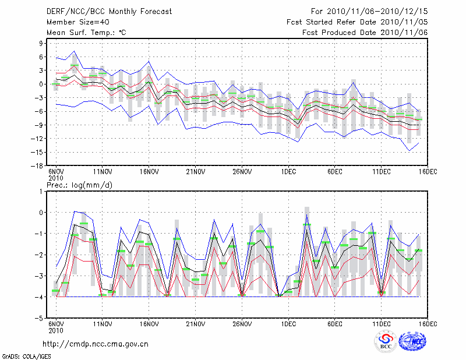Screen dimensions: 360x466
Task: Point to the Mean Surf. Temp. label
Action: click(x=86, y=33)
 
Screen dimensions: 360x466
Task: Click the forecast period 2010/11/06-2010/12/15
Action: click(x=369, y=11)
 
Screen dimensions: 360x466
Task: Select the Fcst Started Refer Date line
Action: click(x=357, y=22)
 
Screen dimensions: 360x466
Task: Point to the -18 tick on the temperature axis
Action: click(x=39, y=165)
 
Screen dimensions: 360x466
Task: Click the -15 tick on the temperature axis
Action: click(x=39, y=152)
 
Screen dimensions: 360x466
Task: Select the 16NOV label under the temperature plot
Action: click(x=149, y=172)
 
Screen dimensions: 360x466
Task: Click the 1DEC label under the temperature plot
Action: click(x=288, y=172)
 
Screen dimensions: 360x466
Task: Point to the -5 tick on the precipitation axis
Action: click(x=41, y=319)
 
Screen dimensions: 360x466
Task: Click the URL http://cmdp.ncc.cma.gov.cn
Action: click(x=96, y=344)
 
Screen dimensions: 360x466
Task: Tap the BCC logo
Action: click(x=386, y=342)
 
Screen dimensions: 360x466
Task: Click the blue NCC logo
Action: click(x=412, y=342)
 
